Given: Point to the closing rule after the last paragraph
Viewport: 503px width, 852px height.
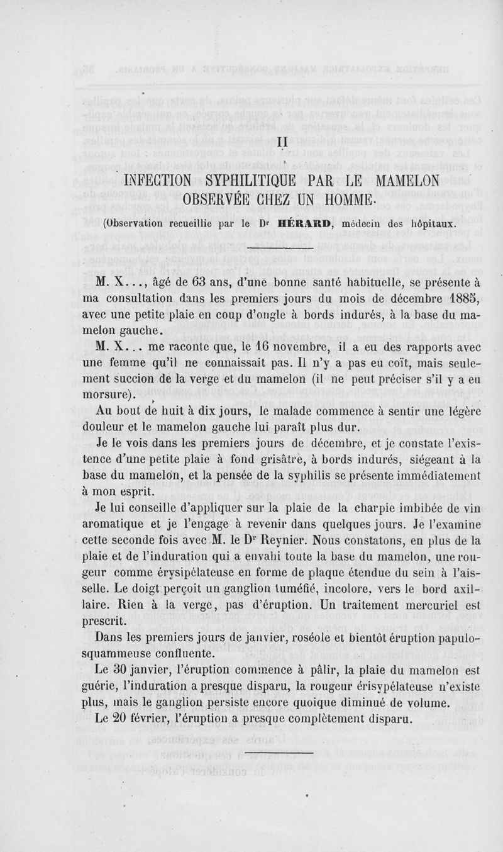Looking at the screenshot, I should coord(278,752).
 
